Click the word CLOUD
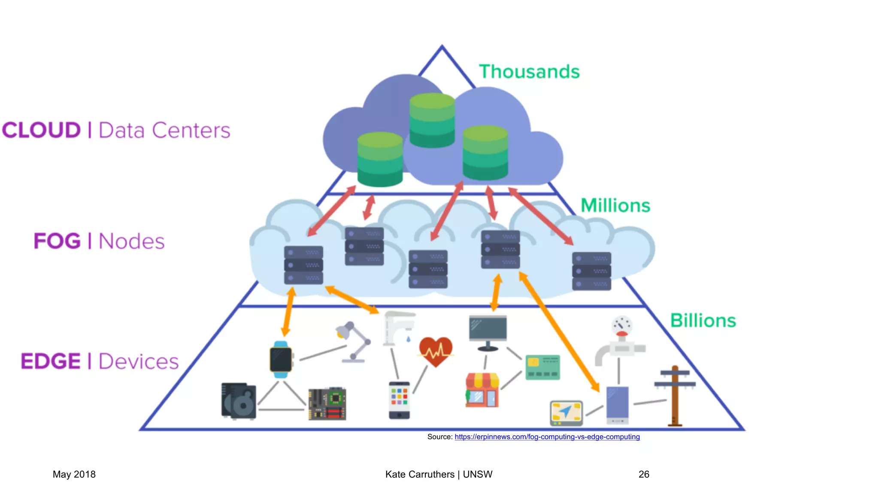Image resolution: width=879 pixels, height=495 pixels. tap(41, 130)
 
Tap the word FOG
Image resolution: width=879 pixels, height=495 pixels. tap(57, 241)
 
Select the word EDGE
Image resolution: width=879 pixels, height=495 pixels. tap(50, 361)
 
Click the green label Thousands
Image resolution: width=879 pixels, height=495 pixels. tap(529, 72)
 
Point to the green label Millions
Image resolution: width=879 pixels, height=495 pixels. tap(615, 205)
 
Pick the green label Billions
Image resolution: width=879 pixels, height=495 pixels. tap(703, 321)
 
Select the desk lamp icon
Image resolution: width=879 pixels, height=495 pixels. tap(353, 342)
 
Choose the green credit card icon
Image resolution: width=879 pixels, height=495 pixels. tap(543, 367)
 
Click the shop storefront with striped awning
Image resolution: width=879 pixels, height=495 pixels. tap(482, 390)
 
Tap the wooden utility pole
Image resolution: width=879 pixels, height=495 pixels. tap(675, 395)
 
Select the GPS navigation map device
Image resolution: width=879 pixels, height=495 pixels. tap(566, 412)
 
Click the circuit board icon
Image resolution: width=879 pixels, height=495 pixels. tap(327, 404)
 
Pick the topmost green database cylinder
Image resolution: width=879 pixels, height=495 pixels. tap(432, 120)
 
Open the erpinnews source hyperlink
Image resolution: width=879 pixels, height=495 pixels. tap(547, 437)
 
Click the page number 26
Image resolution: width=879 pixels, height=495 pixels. tap(643, 474)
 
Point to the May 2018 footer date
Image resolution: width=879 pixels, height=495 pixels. tap(74, 474)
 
